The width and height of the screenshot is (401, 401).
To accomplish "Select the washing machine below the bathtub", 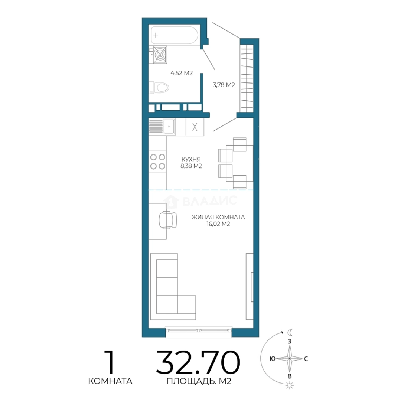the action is pyautogui.click(x=159, y=55).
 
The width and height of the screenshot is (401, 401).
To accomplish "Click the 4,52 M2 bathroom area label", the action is pyautogui.click(x=182, y=73).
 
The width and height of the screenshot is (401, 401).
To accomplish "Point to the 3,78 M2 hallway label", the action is pyautogui.click(x=224, y=85).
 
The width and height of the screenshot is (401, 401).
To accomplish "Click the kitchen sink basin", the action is pyautogui.click(x=169, y=126).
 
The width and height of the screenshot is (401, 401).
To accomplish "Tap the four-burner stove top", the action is pyautogui.click(x=157, y=162).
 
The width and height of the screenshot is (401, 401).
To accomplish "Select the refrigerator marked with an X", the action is pyautogui.click(x=195, y=127).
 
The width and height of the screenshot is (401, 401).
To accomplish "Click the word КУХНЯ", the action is pyautogui.click(x=191, y=159).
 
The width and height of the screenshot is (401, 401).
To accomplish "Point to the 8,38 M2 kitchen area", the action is pyautogui.click(x=191, y=166).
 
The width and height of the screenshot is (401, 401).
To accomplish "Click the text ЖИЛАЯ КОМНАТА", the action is pyautogui.click(x=218, y=217).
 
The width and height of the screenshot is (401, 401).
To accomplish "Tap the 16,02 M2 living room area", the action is pyautogui.click(x=218, y=224).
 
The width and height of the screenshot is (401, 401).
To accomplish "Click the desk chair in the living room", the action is pyautogui.click(x=168, y=220).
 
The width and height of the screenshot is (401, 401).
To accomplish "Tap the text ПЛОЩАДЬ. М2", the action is pyautogui.click(x=199, y=381).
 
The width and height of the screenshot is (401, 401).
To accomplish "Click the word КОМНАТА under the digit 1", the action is pyautogui.click(x=110, y=381).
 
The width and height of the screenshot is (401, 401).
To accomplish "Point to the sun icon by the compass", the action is pyautogui.click(x=290, y=385).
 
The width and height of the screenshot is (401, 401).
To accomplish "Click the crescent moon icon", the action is pyautogui.click(x=290, y=332).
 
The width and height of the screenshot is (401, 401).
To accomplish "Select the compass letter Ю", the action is pyautogui.click(x=273, y=359).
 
